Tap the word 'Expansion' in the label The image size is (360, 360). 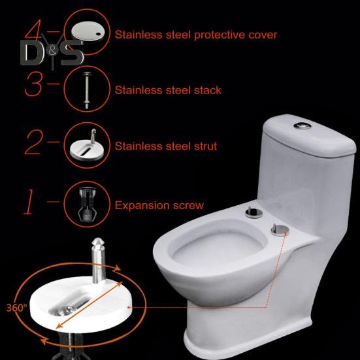(x=140, y=206)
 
